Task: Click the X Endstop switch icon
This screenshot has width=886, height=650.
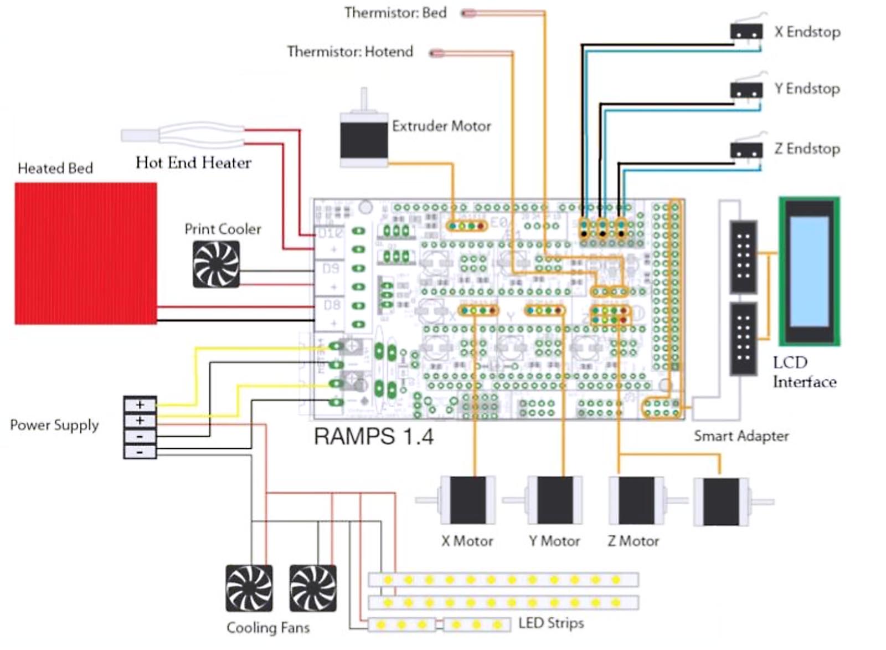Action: (x=746, y=32)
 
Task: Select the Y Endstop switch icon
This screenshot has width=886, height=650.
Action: (x=746, y=90)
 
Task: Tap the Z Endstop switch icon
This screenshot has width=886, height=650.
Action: (x=746, y=150)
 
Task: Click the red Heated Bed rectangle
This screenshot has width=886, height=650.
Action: (x=86, y=253)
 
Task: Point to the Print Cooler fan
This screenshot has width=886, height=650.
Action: (x=216, y=264)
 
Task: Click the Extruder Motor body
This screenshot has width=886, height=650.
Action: (x=363, y=139)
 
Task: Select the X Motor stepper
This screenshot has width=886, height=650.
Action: (x=468, y=500)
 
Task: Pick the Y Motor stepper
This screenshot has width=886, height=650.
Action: (x=555, y=500)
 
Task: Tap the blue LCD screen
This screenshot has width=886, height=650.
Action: (x=809, y=271)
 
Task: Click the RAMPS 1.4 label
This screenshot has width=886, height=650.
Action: (x=373, y=437)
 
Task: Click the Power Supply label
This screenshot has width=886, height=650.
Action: (x=54, y=425)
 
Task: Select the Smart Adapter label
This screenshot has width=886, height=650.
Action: (x=741, y=436)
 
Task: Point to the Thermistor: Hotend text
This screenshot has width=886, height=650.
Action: (x=350, y=52)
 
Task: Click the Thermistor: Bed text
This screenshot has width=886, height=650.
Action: (x=395, y=13)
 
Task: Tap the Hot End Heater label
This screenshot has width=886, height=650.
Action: (x=193, y=162)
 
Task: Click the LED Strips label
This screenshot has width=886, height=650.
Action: (x=551, y=623)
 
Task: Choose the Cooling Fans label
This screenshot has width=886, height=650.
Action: (x=268, y=628)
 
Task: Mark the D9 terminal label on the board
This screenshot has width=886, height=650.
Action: (x=331, y=269)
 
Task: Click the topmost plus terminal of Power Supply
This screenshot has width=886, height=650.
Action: (x=140, y=405)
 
